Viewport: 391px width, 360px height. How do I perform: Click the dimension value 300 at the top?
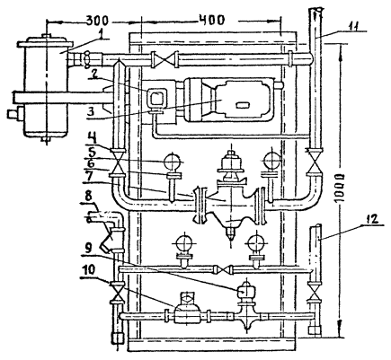[x=97, y=21]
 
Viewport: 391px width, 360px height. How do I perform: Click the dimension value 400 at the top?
[x=212, y=21]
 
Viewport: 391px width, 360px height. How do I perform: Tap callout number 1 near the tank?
[x=102, y=35]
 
